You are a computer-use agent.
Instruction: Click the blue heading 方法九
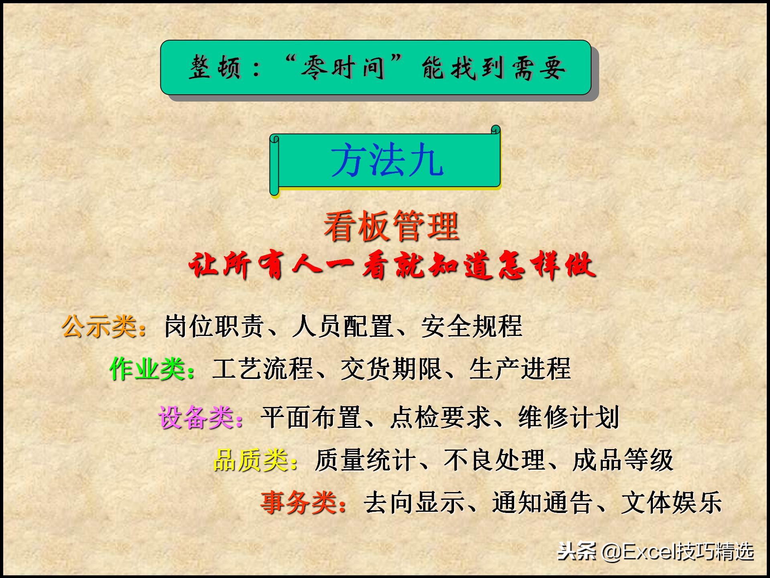point(387,161)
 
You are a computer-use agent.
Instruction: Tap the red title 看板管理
point(391,226)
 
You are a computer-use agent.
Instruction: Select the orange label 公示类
point(99,326)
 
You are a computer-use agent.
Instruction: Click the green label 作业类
point(148,368)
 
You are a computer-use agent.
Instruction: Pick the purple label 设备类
point(197,417)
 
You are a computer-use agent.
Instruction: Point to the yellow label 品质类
point(251,460)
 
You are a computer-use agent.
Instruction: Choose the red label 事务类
point(299,503)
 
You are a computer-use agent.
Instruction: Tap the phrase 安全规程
point(472,326)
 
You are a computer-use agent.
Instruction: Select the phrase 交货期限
point(391,368)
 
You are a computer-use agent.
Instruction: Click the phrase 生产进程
point(520,368)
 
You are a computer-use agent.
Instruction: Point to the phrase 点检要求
point(440,417)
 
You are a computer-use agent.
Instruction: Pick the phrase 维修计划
point(569,417)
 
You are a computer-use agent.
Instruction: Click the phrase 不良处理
point(494,460)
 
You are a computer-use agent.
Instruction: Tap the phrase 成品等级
point(623,460)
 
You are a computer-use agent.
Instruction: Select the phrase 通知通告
point(542,503)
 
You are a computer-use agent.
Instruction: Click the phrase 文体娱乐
point(671,503)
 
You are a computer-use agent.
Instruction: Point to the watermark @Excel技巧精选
point(678,552)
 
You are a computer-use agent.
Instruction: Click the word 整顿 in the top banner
point(215,67)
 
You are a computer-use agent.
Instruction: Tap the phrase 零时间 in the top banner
point(343,67)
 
